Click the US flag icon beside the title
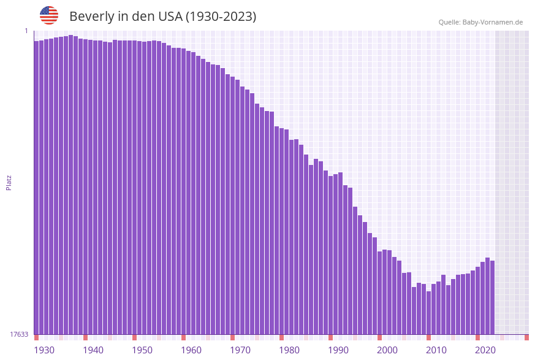(49, 15)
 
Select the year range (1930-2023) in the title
(221, 17)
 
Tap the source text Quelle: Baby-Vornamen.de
(480, 22)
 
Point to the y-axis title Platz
(9, 182)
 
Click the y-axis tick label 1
(26, 31)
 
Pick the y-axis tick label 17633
(19, 334)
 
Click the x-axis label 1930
(44, 350)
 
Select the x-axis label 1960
(191, 350)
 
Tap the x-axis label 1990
(338, 350)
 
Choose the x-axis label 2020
(485, 350)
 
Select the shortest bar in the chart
(429, 313)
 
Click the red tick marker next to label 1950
(135, 337)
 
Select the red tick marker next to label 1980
(282, 337)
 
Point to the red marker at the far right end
(526, 337)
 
